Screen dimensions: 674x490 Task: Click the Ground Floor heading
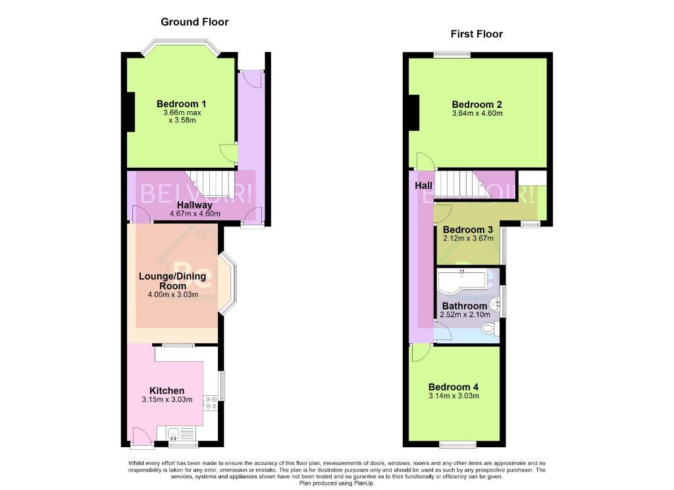(194, 22)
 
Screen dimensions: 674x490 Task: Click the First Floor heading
(477, 34)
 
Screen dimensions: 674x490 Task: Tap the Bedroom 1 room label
(181, 104)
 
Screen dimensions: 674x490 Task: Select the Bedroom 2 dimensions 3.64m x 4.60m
(477, 113)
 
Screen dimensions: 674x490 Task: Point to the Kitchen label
(167, 391)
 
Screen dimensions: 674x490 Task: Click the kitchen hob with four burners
(211, 403)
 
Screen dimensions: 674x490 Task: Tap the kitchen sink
(174, 433)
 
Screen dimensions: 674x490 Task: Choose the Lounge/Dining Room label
(172, 281)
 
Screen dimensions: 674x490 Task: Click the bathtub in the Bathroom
(461, 281)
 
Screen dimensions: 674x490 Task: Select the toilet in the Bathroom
(490, 329)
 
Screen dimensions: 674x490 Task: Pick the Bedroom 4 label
(453, 387)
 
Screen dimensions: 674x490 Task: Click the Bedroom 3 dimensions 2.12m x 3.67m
(468, 238)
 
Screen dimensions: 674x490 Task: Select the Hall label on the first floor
(423, 186)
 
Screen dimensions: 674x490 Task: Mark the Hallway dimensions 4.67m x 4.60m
(195, 214)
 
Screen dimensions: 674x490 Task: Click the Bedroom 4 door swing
(421, 353)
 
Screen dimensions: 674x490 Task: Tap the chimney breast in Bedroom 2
(413, 112)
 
